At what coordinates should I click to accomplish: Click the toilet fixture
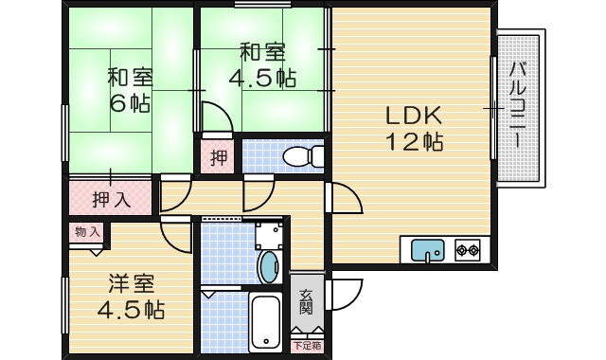[303, 156]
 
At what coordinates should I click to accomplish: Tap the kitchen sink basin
[427, 250]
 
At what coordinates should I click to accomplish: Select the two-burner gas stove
[467, 250]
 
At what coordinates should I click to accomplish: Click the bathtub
[265, 323]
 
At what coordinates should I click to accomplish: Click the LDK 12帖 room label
[415, 129]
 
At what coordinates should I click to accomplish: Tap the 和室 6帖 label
[130, 90]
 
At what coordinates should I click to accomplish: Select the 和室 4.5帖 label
[263, 65]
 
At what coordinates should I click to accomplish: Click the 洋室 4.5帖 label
[131, 297]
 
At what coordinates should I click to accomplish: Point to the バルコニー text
[518, 105]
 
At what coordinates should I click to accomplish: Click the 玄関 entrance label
[306, 302]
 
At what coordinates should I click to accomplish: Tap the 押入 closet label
[112, 200]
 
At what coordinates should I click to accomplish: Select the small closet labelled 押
[219, 158]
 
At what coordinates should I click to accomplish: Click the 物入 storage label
[87, 232]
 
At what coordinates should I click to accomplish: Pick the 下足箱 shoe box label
[308, 345]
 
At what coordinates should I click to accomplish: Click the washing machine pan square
[269, 235]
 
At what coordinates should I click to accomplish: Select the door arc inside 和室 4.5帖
[221, 111]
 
